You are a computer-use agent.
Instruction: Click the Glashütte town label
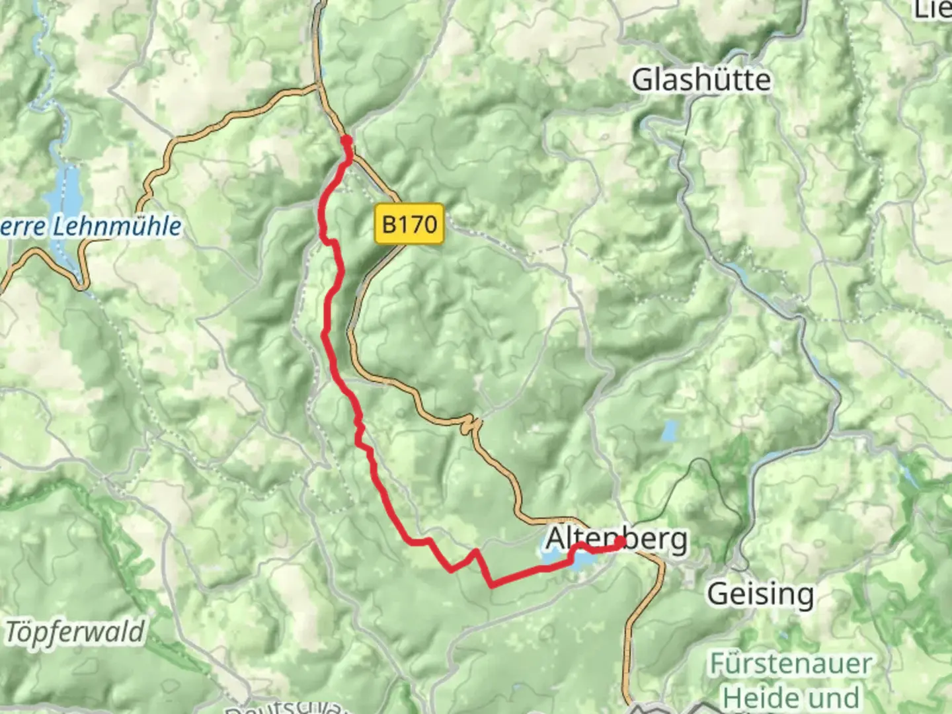click(701, 81)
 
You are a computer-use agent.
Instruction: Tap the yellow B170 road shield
click(410, 225)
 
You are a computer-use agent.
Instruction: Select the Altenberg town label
click(616, 539)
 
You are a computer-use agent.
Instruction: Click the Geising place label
click(760, 594)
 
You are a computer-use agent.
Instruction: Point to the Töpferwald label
click(74, 632)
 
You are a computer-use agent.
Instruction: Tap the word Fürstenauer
click(791, 664)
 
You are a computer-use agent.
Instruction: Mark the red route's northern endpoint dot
click(346, 140)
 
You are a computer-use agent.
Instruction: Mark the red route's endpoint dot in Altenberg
click(620, 542)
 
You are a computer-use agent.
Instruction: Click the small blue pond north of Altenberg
click(670, 431)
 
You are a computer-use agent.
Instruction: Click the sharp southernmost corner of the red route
click(492, 584)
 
